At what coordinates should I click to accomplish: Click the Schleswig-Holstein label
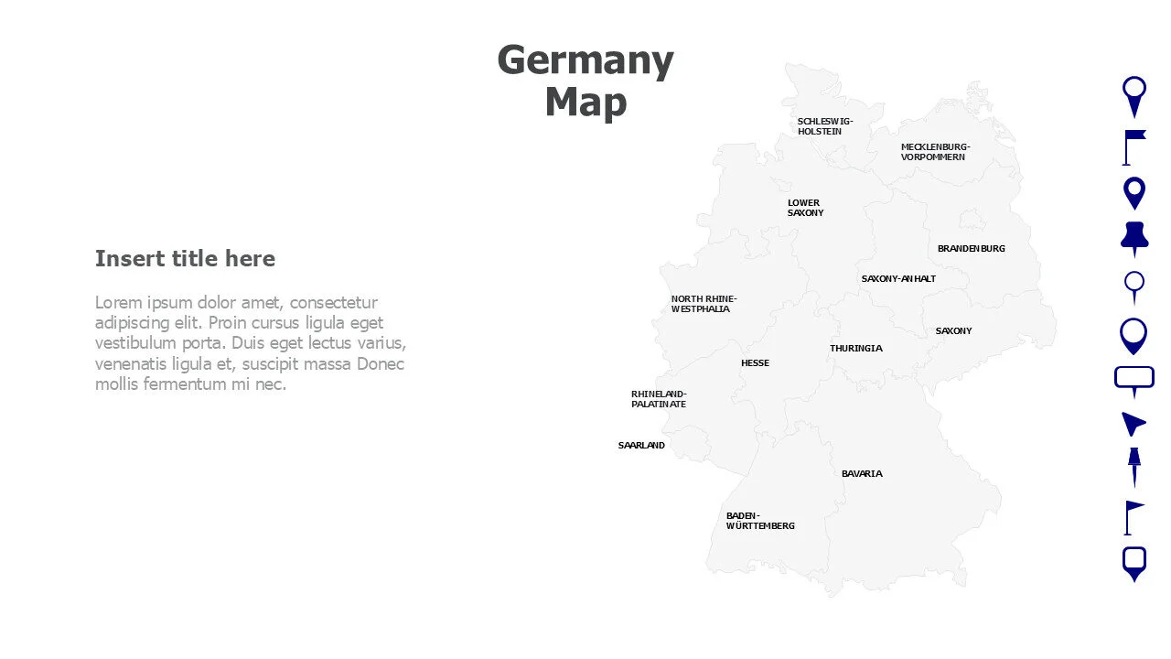click(824, 126)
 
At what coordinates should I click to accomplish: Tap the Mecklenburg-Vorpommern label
click(934, 152)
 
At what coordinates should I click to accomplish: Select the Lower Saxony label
click(805, 208)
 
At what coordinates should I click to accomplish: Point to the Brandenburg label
click(971, 249)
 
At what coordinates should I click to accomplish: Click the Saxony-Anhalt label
click(898, 279)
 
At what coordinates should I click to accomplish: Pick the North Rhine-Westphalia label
click(703, 304)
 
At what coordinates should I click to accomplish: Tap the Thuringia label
click(856, 349)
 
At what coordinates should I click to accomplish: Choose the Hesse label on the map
click(755, 363)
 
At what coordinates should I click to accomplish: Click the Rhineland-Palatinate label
click(659, 399)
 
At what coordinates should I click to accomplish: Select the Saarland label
click(641, 446)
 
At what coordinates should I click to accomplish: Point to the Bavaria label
click(862, 474)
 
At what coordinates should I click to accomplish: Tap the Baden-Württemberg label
click(759, 521)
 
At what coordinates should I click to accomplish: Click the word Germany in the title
click(585, 62)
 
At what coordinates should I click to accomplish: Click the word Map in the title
click(585, 103)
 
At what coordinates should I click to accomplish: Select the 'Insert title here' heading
click(185, 259)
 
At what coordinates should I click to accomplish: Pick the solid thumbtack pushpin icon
click(1134, 238)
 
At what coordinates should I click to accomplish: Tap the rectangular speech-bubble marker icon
click(1134, 379)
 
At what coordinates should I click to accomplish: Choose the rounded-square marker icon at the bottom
click(1134, 562)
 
